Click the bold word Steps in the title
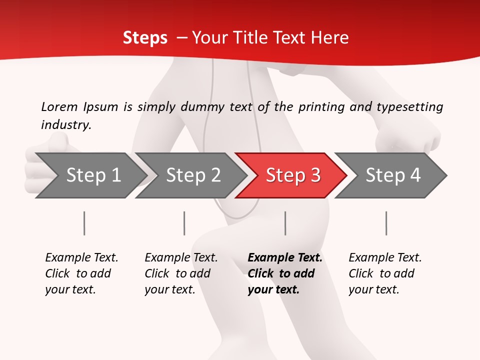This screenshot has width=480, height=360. [x=145, y=38]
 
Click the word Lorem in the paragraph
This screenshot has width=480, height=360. [x=59, y=106]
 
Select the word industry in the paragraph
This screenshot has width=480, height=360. [x=65, y=125]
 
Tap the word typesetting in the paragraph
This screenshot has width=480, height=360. [x=409, y=106]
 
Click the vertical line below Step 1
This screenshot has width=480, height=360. [x=84, y=223]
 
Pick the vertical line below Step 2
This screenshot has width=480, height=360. [x=184, y=223]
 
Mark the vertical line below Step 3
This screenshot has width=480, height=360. [x=285, y=223]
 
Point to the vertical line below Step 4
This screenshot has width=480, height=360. [x=386, y=223]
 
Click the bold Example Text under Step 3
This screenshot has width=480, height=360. [x=285, y=258]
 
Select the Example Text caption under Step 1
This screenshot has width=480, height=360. [x=81, y=258]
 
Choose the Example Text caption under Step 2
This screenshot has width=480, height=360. [x=181, y=258]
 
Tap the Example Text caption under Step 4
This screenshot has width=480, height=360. [x=385, y=258]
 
